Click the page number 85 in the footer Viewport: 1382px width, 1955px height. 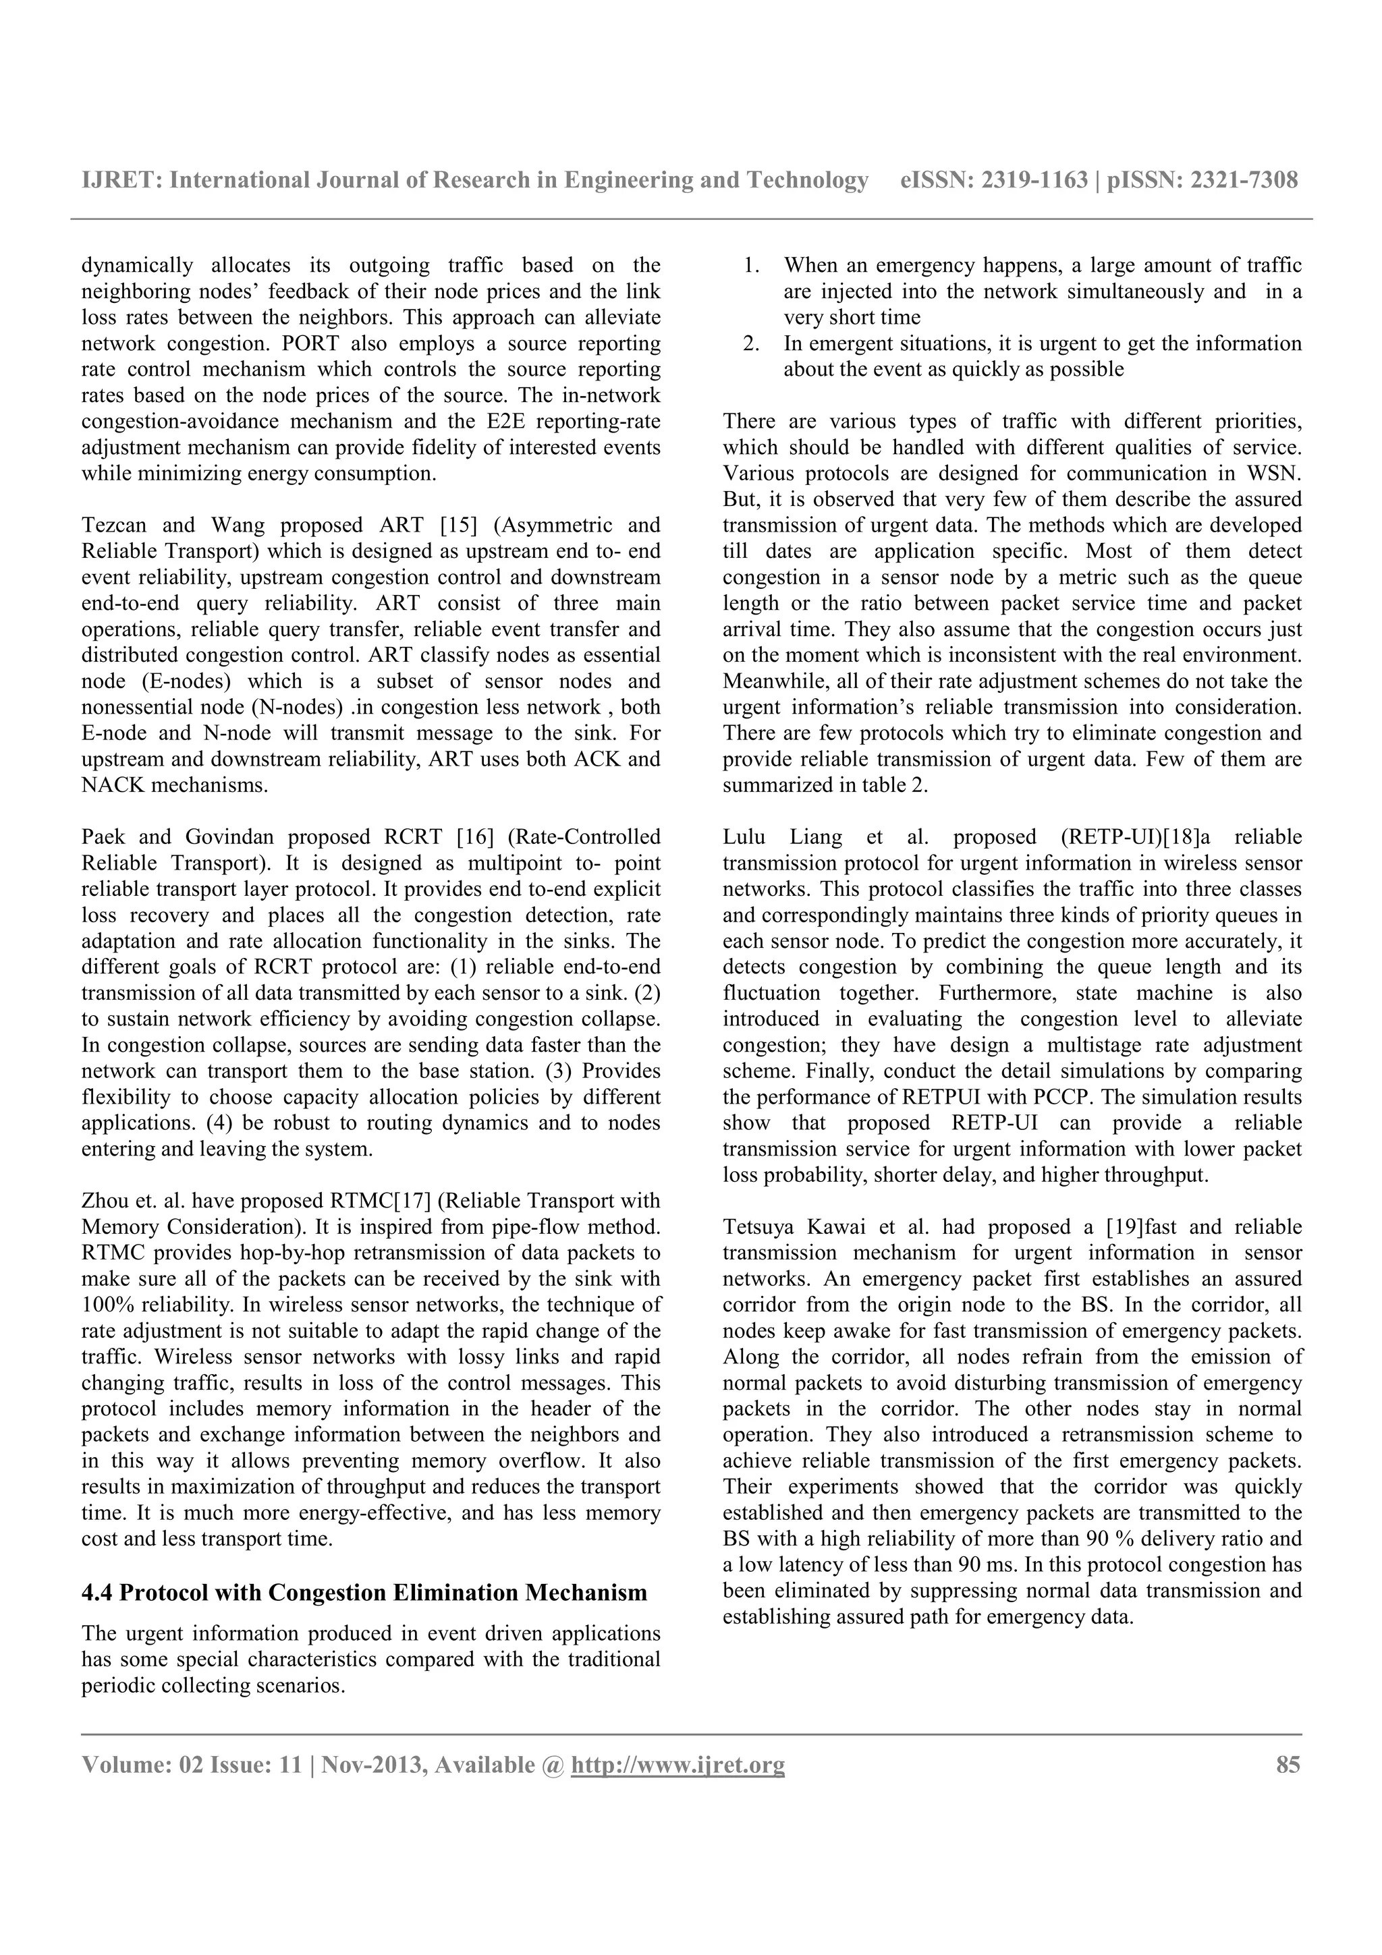point(1288,1765)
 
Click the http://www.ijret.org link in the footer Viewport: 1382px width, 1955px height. point(677,1765)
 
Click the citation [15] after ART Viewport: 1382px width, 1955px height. point(459,526)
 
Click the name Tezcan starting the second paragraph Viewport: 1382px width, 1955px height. point(113,526)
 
